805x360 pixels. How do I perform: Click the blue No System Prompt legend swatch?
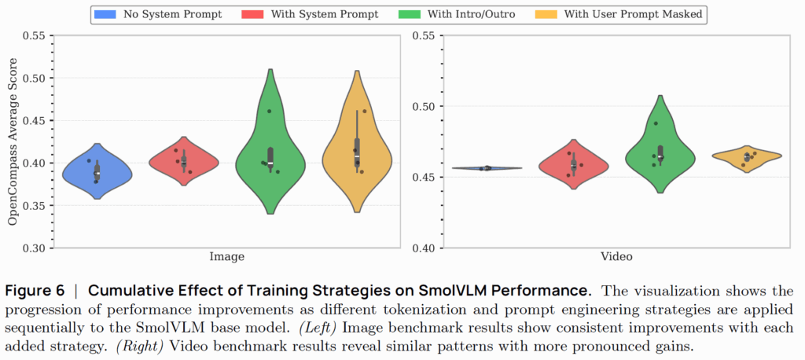pyautogui.click(x=105, y=14)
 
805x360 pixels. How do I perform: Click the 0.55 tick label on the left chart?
pyautogui.click(x=34, y=36)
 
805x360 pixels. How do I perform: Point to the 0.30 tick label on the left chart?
pyautogui.click(x=34, y=248)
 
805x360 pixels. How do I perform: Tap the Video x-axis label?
pyautogui.click(x=616, y=256)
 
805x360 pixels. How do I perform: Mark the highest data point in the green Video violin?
pyautogui.click(x=656, y=123)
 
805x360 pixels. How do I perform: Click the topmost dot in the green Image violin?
pyautogui.click(x=269, y=111)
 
